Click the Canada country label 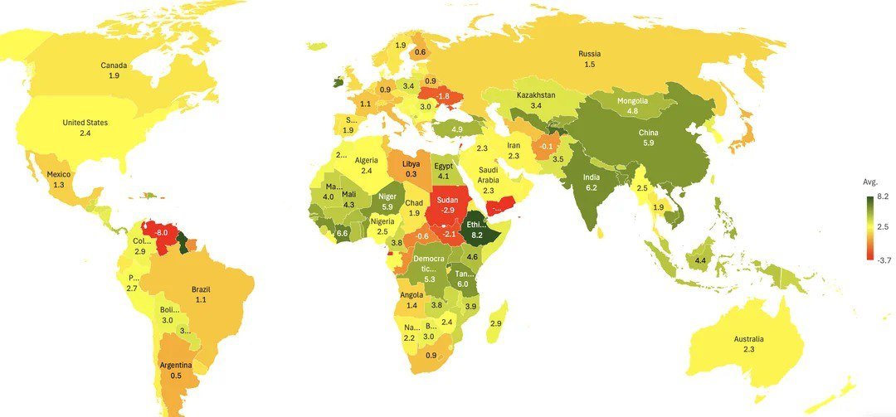114,65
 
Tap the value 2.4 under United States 85,133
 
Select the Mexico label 58,174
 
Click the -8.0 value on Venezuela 161,234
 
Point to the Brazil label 201,289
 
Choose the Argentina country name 176,366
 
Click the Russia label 590,55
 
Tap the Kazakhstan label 536,95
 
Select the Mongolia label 632,101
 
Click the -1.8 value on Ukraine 443,96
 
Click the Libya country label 411,164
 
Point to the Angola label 411,295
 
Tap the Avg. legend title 870,182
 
